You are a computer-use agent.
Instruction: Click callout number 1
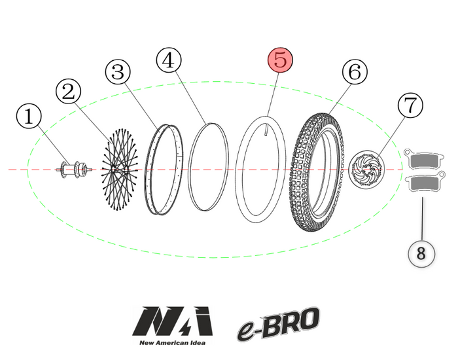28,118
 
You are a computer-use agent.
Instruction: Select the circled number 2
69,92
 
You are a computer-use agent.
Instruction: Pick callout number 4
169,60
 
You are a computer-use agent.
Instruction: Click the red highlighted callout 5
280,60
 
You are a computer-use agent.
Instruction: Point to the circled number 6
354,73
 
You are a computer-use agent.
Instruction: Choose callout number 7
410,105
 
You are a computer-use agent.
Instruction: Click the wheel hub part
73,170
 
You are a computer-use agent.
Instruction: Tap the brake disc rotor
366,170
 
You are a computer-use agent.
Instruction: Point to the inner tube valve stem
268,130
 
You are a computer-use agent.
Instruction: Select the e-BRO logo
278,324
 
